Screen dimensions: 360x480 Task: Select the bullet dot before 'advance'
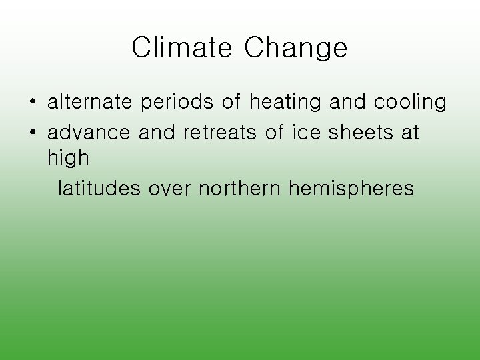(x=31, y=133)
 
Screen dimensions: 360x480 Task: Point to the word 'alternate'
(x=90, y=103)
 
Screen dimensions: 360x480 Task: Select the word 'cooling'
(x=409, y=103)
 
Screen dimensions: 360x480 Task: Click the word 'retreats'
(x=219, y=132)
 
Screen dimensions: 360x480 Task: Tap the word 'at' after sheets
(x=409, y=132)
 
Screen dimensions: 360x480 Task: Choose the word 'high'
(x=68, y=159)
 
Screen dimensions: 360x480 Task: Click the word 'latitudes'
(x=99, y=189)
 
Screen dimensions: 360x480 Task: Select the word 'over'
(x=170, y=189)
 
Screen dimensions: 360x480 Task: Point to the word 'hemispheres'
(x=351, y=189)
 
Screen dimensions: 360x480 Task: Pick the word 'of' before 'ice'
(x=274, y=132)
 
